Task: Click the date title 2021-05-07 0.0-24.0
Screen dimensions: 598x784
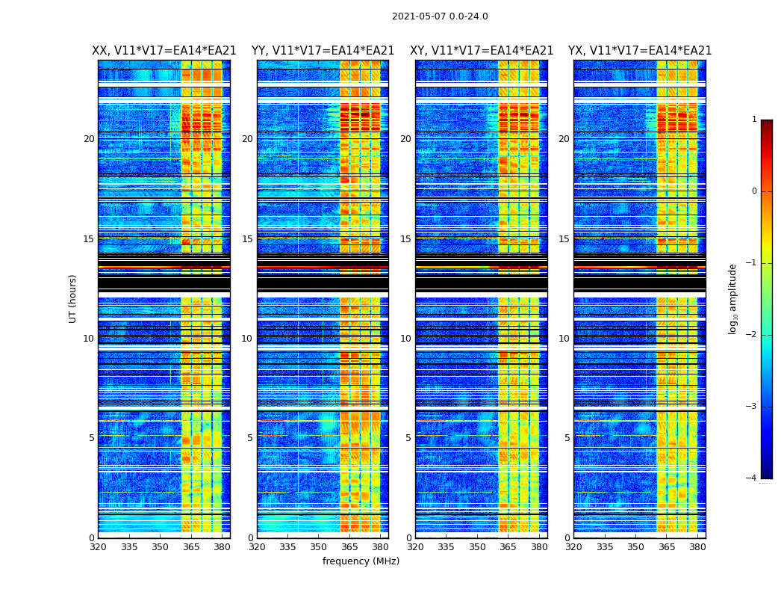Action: coord(440,16)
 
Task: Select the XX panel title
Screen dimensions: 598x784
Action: coord(164,51)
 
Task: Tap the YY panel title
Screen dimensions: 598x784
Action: coord(323,51)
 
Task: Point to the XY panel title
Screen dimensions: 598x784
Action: coord(482,51)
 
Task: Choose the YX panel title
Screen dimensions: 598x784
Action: coord(640,51)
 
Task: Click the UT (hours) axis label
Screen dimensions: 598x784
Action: coord(73,298)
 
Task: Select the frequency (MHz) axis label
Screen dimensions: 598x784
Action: coord(361,561)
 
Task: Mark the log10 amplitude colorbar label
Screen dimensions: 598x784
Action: coord(733,298)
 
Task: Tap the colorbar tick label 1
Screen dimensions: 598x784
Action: coord(753,120)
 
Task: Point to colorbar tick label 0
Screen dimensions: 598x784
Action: coord(753,191)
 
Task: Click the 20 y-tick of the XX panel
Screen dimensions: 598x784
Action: coord(89,139)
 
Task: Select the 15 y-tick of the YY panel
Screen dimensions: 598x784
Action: coord(247,239)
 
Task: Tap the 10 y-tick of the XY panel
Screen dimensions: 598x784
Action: coord(405,339)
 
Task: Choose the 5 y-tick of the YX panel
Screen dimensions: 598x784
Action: coord(567,438)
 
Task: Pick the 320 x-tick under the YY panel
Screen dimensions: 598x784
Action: coord(257,547)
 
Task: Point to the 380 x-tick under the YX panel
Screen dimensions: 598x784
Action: coord(697,547)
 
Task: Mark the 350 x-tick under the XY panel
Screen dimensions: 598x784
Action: coord(477,547)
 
